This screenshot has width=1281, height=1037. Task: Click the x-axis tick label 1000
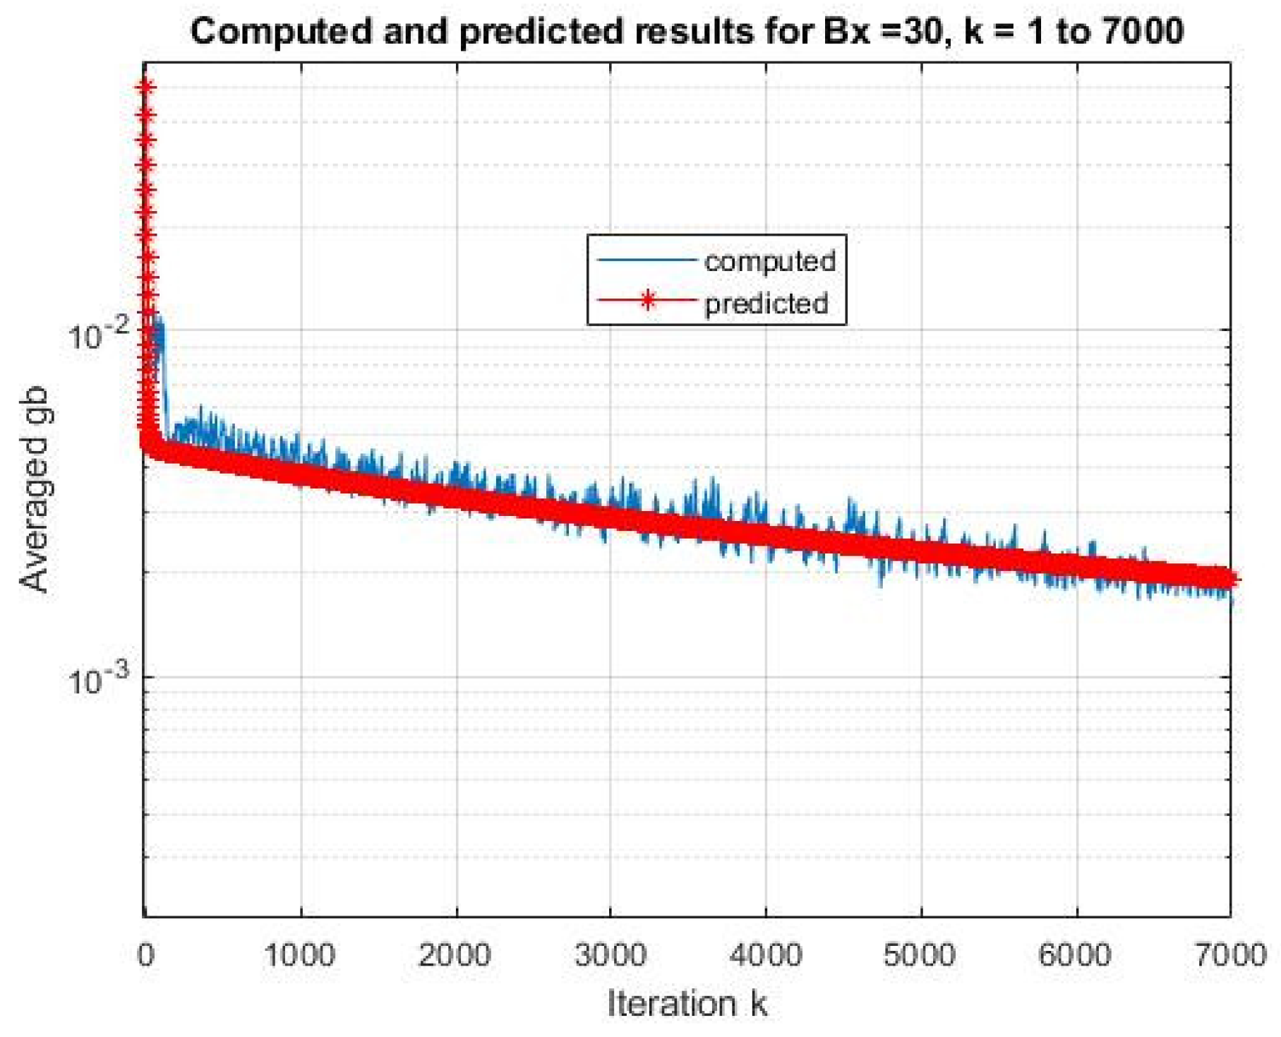click(x=300, y=955)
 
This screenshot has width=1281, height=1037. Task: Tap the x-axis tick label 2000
click(x=455, y=955)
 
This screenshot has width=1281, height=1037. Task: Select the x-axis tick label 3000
click(x=611, y=955)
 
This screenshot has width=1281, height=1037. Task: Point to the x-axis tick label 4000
click(x=766, y=955)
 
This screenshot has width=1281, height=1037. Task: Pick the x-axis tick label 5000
click(x=920, y=955)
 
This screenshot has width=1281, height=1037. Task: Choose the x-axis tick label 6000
click(x=1076, y=955)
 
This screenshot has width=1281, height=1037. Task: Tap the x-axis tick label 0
click(x=146, y=955)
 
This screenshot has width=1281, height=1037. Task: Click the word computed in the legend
click(x=769, y=261)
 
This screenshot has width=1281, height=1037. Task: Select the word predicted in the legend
click(x=766, y=304)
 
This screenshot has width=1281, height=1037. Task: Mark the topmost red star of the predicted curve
click(x=146, y=88)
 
